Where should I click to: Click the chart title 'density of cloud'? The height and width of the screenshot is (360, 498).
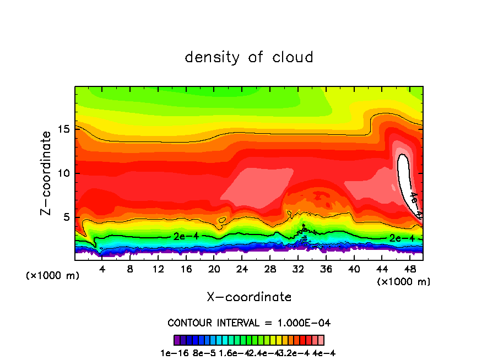click(249, 57)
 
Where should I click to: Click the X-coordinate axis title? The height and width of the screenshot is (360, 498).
click(249, 297)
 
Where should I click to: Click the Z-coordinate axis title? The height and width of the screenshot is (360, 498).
click(46, 173)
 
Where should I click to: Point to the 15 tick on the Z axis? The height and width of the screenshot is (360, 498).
click(65, 129)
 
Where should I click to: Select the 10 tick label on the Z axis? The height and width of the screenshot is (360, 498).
click(65, 173)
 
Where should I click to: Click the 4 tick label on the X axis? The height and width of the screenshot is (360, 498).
click(102, 270)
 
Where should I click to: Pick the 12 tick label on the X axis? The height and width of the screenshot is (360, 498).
click(158, 270)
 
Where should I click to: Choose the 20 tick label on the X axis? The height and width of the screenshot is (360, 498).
click(214, 270)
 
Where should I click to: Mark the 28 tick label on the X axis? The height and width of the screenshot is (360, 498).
click(270, 270)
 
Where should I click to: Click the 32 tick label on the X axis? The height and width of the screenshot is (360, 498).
click(298, 270)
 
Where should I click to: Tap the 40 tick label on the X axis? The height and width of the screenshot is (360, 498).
click(354, 270)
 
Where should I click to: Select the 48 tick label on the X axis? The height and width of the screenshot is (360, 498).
click(410, 270)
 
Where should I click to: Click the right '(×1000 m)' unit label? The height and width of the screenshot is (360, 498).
click(403, 282)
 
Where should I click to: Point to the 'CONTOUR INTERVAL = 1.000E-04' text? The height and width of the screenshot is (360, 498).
click(249, 323)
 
